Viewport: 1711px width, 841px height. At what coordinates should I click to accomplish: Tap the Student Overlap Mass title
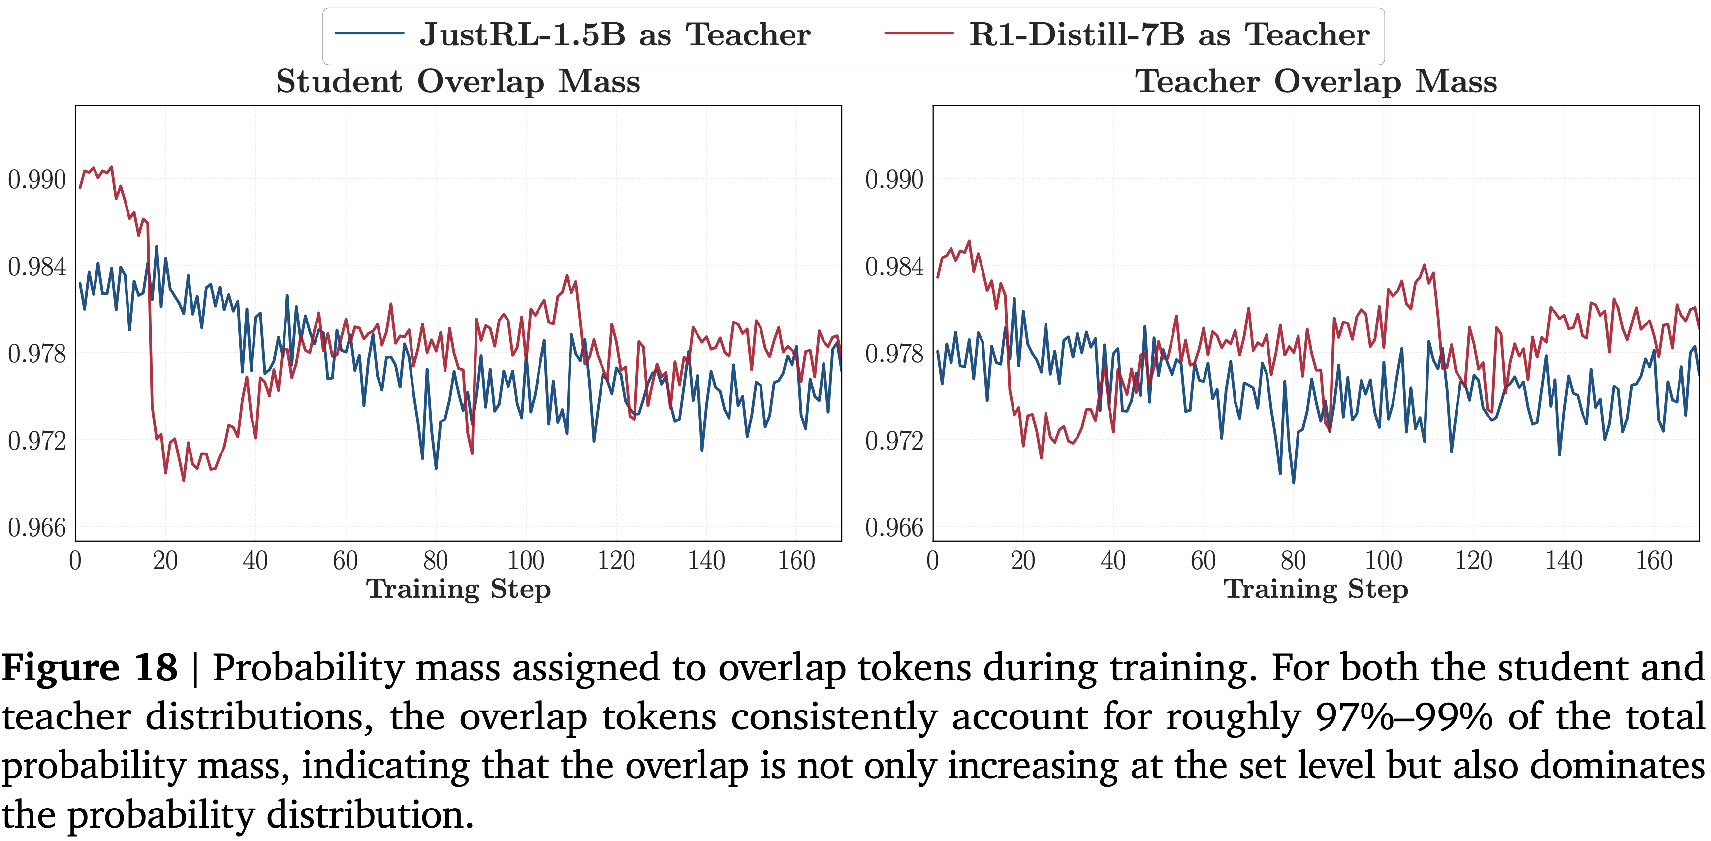coord(458,82)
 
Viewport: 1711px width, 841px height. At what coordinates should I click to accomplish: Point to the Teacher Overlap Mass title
coord(1316,82)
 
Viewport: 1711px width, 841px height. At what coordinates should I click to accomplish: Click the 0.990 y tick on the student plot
coord(37,179)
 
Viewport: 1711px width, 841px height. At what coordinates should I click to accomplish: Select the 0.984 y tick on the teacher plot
coord(894,266)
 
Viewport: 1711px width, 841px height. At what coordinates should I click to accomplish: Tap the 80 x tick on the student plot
coord(436,561)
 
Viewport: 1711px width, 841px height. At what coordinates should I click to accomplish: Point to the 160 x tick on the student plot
coord(796,561)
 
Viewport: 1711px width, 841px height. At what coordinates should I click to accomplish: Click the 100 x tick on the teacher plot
coord(1384,561)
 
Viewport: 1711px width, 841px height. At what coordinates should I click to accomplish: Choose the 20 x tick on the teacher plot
coord(1023,561)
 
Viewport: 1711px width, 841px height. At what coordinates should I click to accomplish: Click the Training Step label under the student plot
coord(458,589)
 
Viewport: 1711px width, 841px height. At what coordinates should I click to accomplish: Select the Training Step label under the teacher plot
coord(1316,589)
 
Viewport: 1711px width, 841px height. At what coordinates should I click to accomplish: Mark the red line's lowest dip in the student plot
coord(183,480)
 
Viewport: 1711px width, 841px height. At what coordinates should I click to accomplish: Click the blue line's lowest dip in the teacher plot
coord(1293,482)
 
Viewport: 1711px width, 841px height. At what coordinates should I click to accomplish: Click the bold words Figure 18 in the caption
coord(90,668)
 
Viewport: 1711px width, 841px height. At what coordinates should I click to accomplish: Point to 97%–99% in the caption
coord(1403,717)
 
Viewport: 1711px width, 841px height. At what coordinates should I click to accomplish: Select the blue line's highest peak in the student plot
coord(157,247)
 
